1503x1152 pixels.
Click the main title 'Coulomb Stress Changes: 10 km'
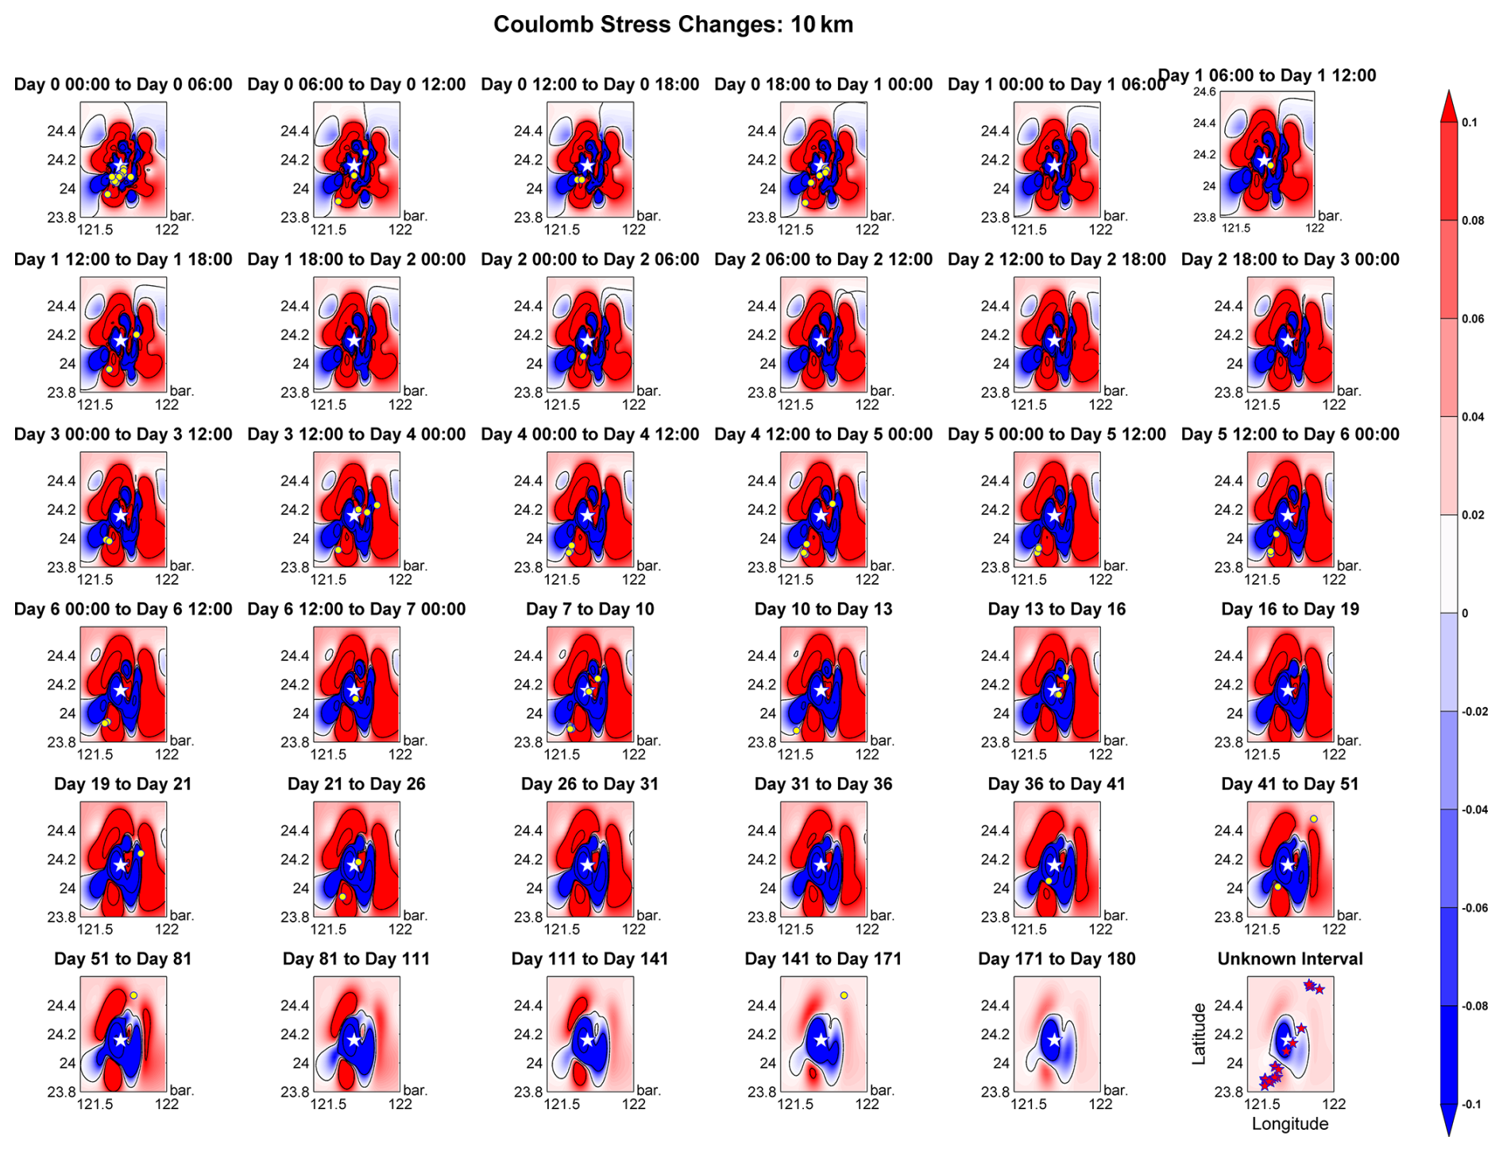tap(673, 25)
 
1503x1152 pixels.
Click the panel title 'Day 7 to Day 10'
tap(589, 609)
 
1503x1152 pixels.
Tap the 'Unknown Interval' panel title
tap(1289, 959)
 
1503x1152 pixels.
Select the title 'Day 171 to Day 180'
tap(1057, 959)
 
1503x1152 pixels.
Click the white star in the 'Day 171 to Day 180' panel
tap(1054, 1040)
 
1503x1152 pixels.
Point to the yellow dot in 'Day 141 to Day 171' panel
tap(844, 995)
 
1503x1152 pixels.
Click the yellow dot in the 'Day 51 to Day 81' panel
tap(134, 995)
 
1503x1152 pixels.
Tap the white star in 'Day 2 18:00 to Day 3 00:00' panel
tap(1288, 341)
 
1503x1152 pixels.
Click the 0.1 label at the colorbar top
tap(1470, 122)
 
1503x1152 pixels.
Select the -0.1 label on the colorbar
tap(1470, 1104)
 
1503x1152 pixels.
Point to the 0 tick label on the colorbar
tap(1465, 613)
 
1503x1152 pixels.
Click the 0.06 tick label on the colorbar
tap(1473, 319)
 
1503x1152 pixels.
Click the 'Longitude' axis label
tap(1289, 1123)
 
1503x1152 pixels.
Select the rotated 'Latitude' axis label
tap(1199, 1034)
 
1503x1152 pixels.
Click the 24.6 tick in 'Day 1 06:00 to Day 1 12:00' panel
tap(1204, 92)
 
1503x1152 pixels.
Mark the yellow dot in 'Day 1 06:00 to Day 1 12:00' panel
tap(1271, 165)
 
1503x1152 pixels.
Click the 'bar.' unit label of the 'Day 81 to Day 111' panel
tap(415, 1090)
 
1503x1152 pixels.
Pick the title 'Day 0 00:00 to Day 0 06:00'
tap(123, 85)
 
